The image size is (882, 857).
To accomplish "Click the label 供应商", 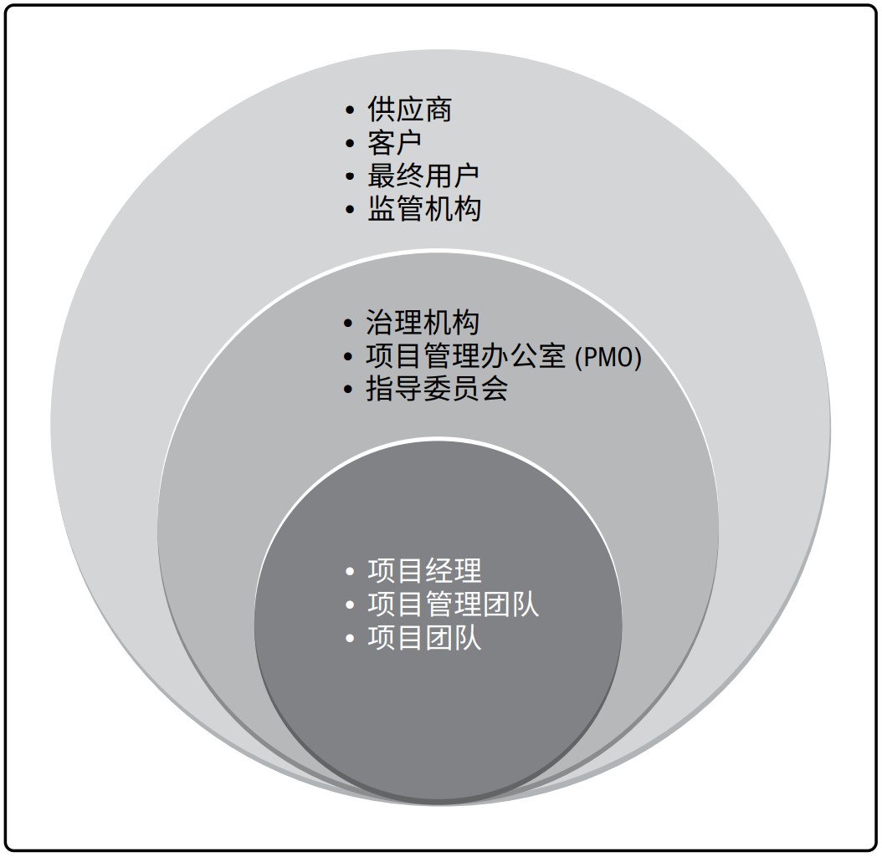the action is click(x=409, y=109).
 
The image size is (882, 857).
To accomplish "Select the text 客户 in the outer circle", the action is click(x=395, y=143).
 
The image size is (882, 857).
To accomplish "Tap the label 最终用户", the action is click(x=423, y=176).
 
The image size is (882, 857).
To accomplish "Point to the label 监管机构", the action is click(x=423, y=209).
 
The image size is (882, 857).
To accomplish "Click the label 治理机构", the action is click(x=423, y=323).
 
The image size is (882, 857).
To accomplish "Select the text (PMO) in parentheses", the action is click(x=608, y=357).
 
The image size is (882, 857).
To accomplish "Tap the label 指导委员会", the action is click(x=437, y=389).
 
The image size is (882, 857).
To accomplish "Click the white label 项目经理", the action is click(x=425, y=571).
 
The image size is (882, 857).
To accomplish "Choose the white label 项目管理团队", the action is click(x=454, y=604).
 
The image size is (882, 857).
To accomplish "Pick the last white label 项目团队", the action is click(x=425, y=639).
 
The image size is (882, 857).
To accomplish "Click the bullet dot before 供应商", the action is click(x=350, y=110).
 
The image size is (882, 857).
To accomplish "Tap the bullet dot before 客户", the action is click(x=350, y=143).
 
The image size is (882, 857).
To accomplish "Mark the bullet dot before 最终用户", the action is click(x=350, y=176).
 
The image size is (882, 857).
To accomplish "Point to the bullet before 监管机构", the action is click(x=350, y=210).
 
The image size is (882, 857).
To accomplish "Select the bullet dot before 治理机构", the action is click(x=348, y=323).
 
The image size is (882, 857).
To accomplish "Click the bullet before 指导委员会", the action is click(x=348, y=390).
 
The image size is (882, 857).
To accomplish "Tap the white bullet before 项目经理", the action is click(x=350, y=572).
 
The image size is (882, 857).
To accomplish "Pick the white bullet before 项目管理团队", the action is click(x=350, y=605).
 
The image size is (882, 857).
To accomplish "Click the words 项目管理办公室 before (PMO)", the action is click(x=466, y=356).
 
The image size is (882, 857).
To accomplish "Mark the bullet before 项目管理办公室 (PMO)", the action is click(x=348, y=357).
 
